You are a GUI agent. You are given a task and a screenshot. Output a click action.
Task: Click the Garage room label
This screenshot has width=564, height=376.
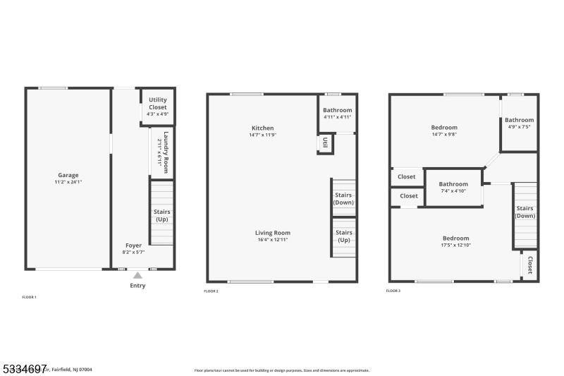68,175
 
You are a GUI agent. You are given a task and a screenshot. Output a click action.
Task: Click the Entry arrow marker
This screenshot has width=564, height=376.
138,275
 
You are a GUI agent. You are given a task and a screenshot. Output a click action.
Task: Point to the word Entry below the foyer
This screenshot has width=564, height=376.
138,286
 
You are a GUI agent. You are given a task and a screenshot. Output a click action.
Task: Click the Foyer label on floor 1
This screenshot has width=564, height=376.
134,245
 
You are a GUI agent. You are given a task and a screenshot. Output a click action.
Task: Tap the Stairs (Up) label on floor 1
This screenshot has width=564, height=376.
162,215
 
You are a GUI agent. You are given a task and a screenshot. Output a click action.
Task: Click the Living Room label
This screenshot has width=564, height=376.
273,233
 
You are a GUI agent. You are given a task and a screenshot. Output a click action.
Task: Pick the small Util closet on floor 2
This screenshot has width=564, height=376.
326,143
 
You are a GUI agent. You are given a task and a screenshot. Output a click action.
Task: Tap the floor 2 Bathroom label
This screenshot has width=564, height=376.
337,111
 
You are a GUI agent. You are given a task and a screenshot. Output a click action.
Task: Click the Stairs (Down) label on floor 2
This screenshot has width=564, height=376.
343,198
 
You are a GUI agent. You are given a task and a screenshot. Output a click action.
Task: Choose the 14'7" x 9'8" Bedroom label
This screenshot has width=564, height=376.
444,128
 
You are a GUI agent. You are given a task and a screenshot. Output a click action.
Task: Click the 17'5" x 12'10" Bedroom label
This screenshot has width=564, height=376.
455,238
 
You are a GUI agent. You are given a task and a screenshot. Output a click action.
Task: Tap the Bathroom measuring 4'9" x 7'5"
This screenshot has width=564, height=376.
519,120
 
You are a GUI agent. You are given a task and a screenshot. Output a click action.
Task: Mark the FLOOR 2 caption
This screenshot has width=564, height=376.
211,291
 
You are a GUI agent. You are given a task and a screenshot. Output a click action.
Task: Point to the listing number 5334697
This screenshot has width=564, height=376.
24,368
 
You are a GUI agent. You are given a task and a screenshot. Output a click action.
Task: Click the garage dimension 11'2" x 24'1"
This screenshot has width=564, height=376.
68,182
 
